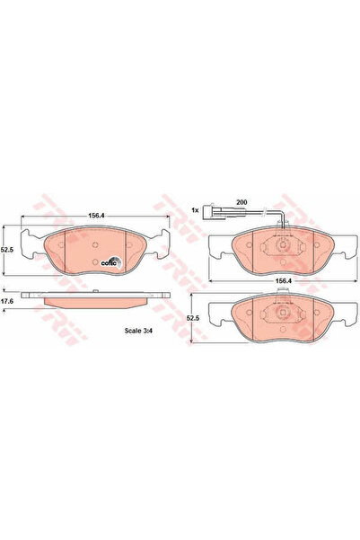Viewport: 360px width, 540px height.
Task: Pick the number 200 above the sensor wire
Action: coord(241,204)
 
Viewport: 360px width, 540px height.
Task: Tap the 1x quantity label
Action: coord(195,212)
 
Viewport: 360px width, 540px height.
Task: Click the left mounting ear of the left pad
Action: coord(31,241)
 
